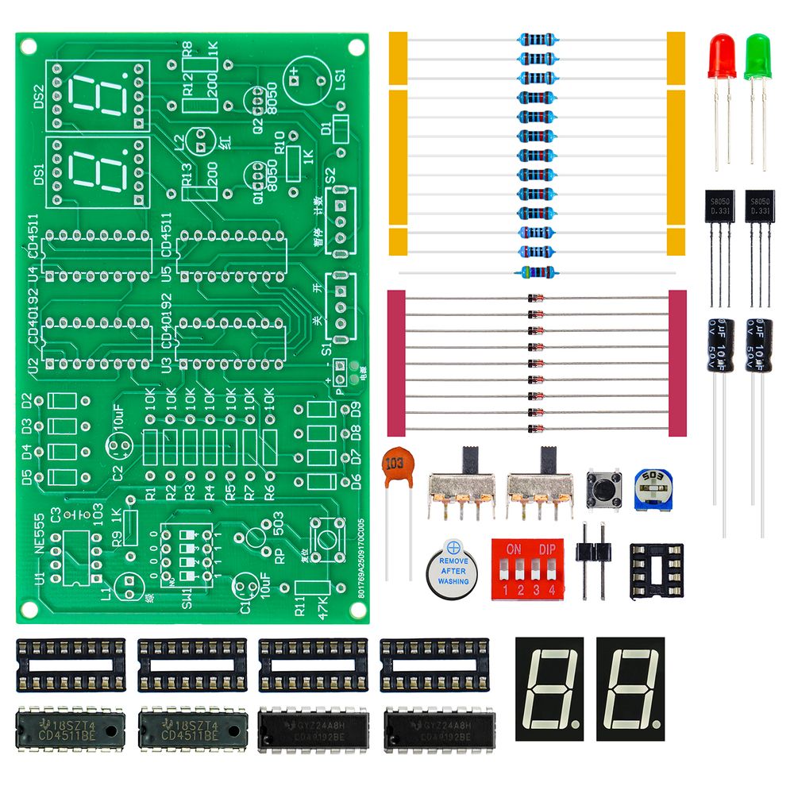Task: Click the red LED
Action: pyautogui.click(x=721, y=57)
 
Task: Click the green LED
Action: pyautogui.click(x=757, y=57)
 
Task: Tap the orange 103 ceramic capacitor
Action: pyautogui.click(x=395, y=467)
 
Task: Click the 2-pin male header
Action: pyautogui.click(x=593, y=560)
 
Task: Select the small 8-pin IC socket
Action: pyautogui.click(x=656, y=570)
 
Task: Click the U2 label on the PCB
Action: pyautogui.click(x=33, y=369)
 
